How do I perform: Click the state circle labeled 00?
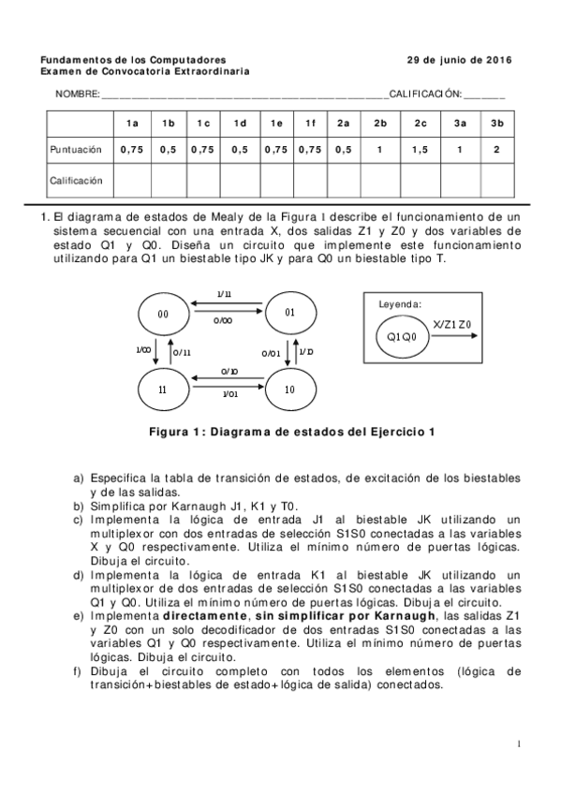(163, 315)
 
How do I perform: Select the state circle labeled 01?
(290, 313)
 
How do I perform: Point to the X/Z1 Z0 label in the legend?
(452, 324)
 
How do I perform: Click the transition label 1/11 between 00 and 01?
(225, 295)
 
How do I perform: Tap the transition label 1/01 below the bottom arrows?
(229, 395)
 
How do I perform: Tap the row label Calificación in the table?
(76, 179)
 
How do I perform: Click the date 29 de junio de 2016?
(459, 59)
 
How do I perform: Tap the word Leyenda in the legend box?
(400, 304)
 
